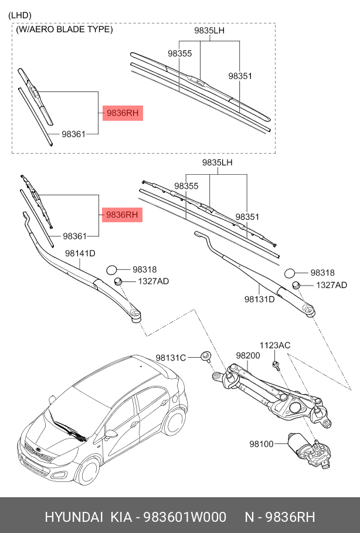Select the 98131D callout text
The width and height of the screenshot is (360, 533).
point(260,299)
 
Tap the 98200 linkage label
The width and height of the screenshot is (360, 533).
point(247,355)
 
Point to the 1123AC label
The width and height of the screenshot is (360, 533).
point(275,345)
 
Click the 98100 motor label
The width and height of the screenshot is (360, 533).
point(261,444)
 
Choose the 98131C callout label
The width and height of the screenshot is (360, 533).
point(171,358)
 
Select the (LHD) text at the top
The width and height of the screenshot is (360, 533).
point(21,15)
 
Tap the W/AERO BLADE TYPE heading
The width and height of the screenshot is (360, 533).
point(64,29)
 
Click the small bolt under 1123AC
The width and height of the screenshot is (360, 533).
point(276,365)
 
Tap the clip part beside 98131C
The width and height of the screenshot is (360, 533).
point(206,356)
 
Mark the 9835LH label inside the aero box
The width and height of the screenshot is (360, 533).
point(210,30)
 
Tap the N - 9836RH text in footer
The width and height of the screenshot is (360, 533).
point(280,517)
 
